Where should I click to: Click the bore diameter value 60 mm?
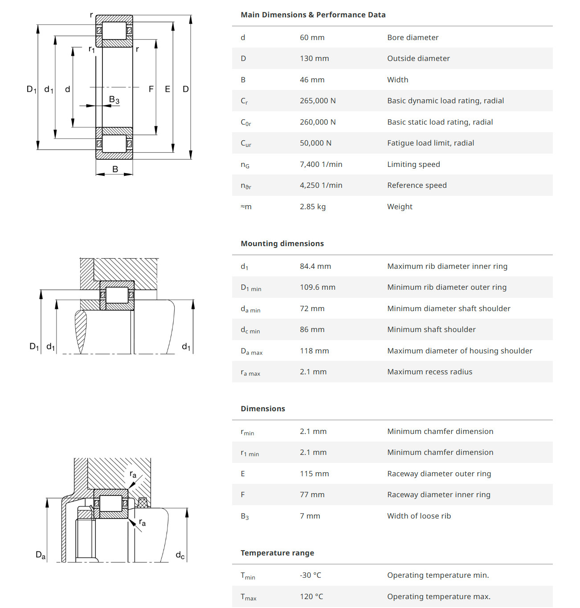[x=312, y=37]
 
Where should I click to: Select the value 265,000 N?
[x=318, y=101]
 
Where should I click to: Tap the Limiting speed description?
[x=413, y=164]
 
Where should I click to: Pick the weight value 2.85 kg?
[x=313, y=207]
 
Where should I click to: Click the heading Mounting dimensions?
[x=282, y=243]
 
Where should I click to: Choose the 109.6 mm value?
[x=318, y=287]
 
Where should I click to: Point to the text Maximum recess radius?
[x=429, y=372]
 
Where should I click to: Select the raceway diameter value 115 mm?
[x=314, y=474]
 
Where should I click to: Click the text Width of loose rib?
[x=419, y=516]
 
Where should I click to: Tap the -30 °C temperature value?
[x=310, y=575]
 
